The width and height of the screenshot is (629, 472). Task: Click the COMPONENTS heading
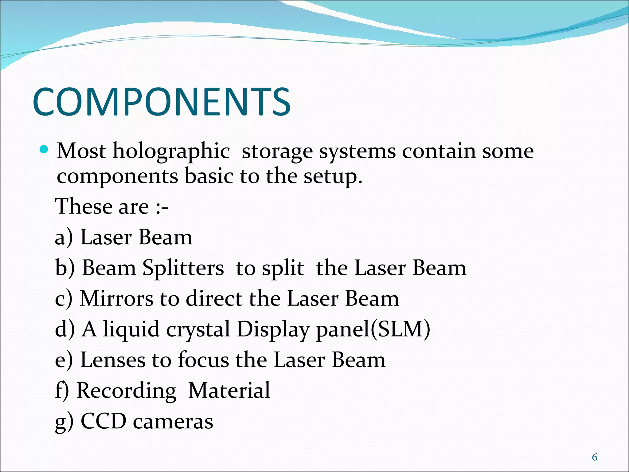(x=162, y=102)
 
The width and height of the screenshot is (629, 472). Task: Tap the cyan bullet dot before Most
(x=44, y=150)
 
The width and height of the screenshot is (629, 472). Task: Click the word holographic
(x=171, y=152)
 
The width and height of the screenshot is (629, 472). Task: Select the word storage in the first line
(x=277, y=152)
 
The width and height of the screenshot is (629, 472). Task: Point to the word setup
(x=333, y=177)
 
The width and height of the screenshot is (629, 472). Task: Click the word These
(x=83, y=206)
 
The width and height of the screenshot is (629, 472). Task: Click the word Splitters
(x=183, y=268)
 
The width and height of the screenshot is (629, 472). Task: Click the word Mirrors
(x=116, y=299)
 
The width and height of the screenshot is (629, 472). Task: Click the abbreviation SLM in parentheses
(x=400, y=329)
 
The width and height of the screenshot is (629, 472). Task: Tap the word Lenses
(x=113, y=360)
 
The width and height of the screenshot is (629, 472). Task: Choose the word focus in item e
(x=203, y=360)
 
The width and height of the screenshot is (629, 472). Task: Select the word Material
(x=229, y=390)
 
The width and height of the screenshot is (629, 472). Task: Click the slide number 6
(x=595, y=458)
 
